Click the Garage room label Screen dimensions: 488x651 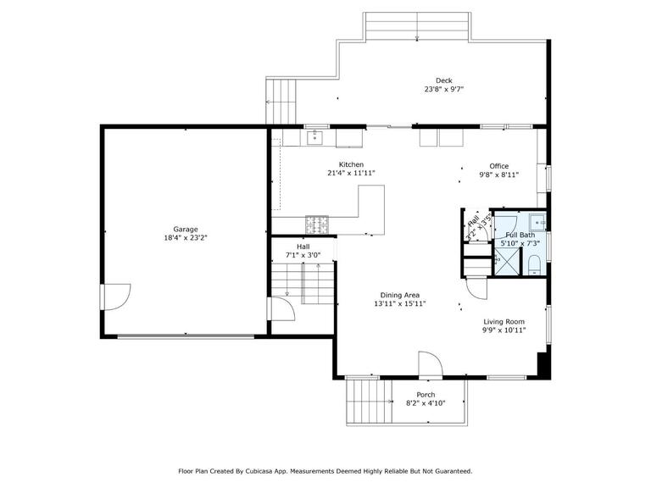(x=186, y=229)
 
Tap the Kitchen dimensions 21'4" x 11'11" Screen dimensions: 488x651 (x=351, y=173)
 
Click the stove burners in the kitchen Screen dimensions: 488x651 (x=318, y=225)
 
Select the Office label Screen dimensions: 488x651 (x=499, y=166)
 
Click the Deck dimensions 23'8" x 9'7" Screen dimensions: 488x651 (x=444, y=89)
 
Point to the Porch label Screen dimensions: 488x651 (x=426, y=395)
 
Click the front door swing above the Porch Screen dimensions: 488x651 (x=430, y=365)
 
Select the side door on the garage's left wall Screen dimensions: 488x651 (x=115, y=297)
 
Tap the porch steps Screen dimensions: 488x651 (x=367, y=402)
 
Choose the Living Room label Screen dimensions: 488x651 (x=504, y=322)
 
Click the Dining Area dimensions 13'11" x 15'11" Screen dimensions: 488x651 (x=400, y=303)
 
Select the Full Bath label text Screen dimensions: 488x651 (x=520, y=235)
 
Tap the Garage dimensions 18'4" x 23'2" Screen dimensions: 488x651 (x=186, y=238)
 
